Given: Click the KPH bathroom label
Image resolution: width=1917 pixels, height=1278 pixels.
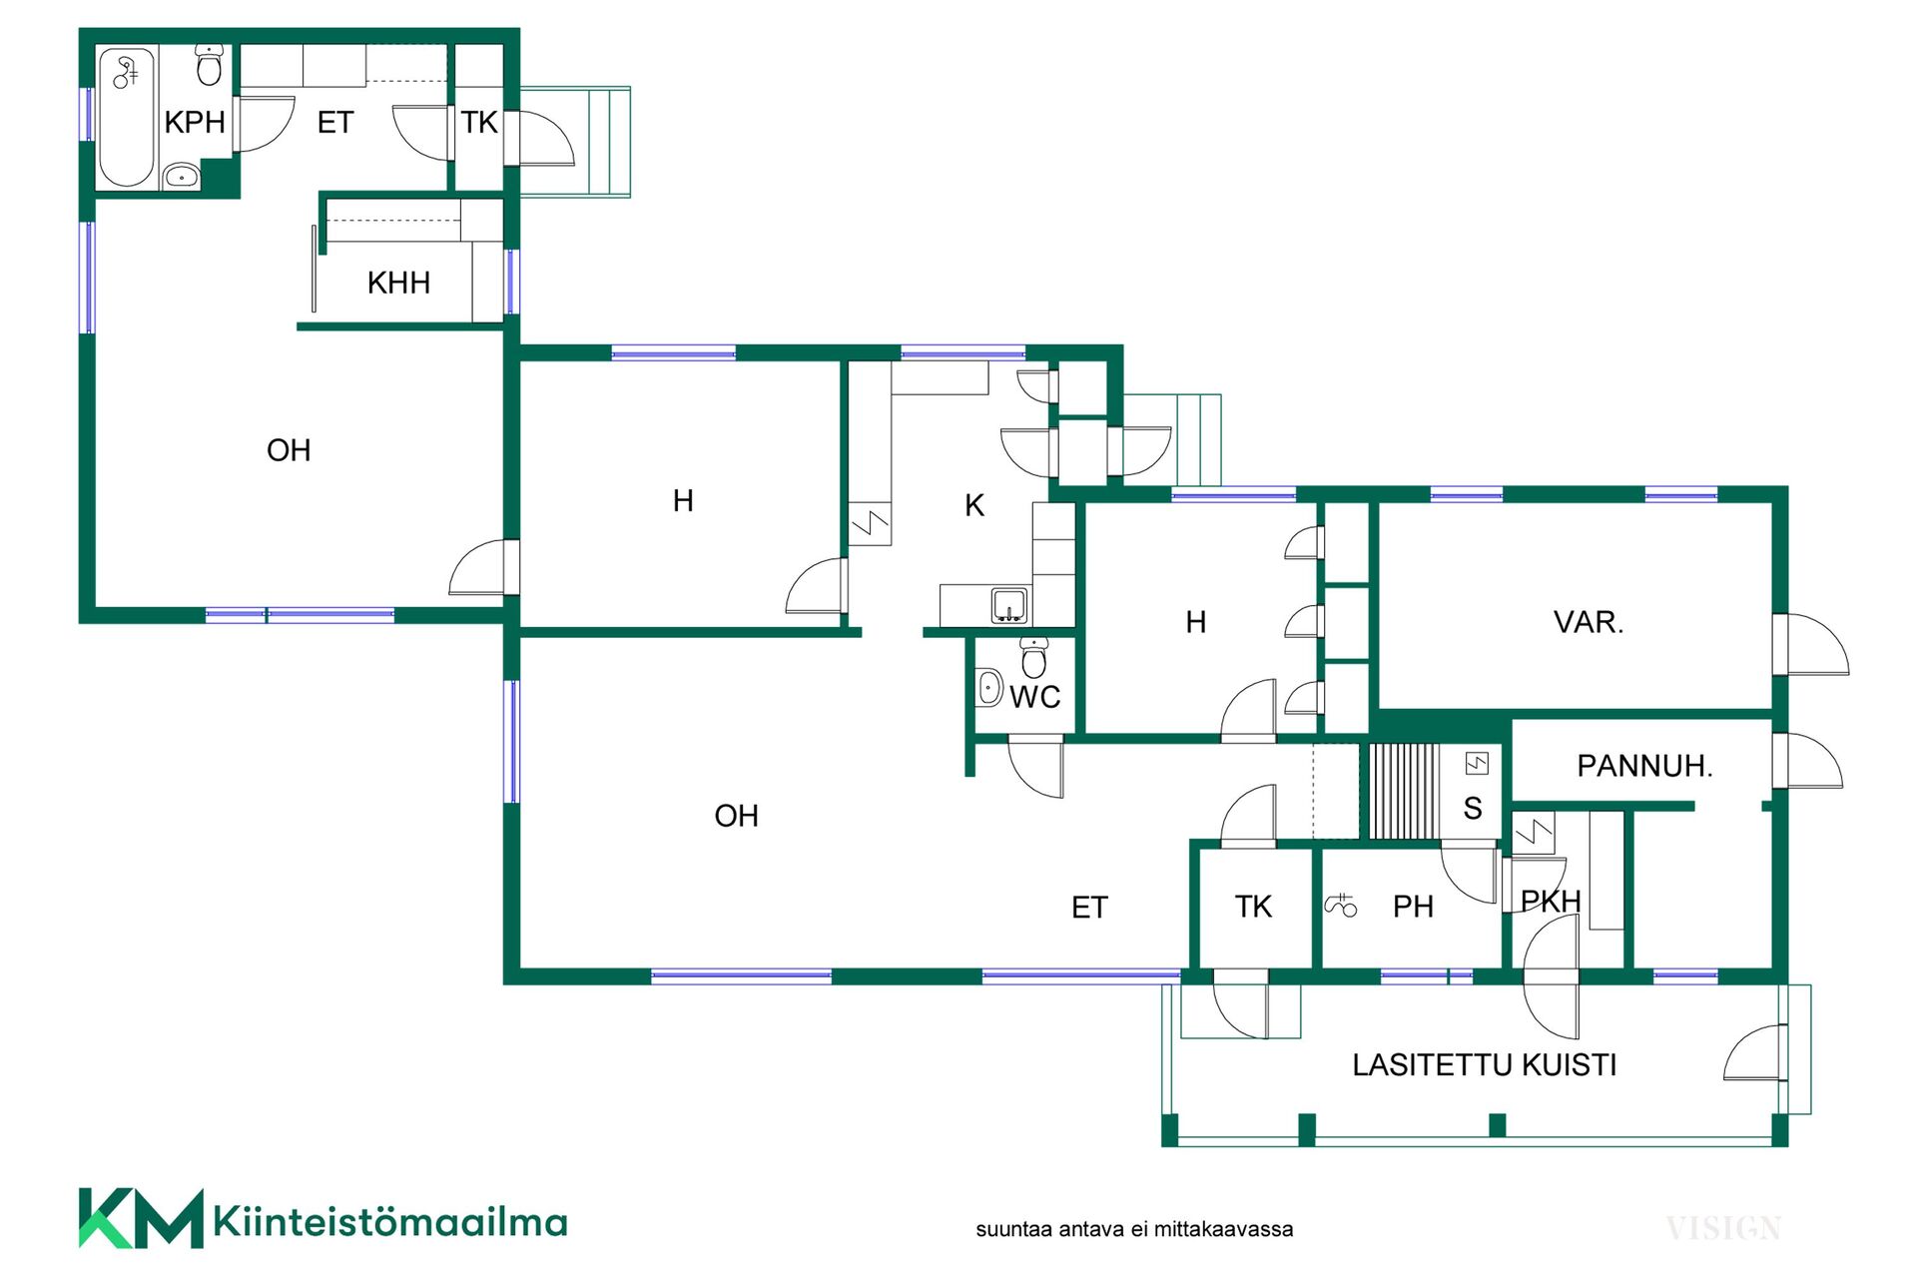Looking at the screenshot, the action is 195,122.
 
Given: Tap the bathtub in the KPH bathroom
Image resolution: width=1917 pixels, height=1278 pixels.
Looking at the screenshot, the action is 127,118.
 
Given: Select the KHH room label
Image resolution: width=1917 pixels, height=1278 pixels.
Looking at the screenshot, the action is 398,283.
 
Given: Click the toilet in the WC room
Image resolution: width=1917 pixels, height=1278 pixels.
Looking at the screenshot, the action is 1034,658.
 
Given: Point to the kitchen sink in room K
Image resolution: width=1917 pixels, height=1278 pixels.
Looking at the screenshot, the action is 1009,606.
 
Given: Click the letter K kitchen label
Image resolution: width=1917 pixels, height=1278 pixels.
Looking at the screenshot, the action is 974,505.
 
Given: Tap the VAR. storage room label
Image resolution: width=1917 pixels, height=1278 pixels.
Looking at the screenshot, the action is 1589,622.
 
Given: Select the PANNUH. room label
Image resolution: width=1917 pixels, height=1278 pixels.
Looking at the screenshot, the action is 1644,766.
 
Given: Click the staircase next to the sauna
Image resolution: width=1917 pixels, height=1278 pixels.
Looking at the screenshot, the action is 1404,791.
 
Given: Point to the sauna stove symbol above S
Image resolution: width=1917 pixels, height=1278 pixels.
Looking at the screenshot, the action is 1477,764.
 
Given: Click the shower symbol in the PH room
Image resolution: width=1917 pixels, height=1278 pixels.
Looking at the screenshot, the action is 1341,905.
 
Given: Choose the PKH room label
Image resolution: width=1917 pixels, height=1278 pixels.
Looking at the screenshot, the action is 1551,902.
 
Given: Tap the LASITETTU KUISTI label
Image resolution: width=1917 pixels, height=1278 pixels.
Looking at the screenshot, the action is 1485,1065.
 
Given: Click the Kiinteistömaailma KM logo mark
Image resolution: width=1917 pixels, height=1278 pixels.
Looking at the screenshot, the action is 141,1218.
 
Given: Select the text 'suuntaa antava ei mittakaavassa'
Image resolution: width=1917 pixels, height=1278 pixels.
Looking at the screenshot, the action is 1134,1229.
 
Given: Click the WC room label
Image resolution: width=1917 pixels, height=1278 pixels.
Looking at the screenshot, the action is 1035,697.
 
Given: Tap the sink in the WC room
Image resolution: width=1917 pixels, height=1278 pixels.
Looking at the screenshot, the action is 989,687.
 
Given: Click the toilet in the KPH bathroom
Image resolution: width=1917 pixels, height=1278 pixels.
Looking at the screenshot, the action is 209,65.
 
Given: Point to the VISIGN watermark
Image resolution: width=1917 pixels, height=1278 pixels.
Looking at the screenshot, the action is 1723,1228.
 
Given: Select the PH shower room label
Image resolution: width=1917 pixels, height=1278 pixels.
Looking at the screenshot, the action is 1413,907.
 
